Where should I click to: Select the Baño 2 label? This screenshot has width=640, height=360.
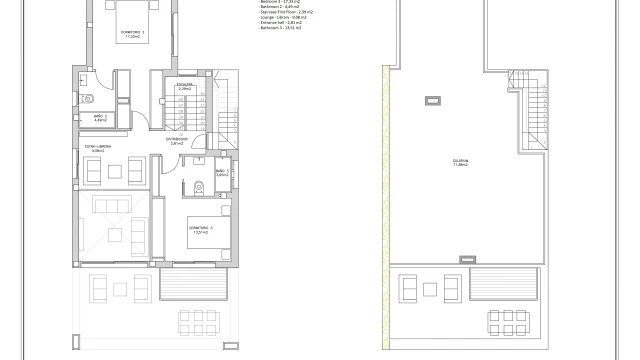tap(101, 119)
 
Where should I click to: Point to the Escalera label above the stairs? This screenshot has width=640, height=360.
tap(184, 87)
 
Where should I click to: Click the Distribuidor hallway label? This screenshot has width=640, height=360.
tap(177, 141)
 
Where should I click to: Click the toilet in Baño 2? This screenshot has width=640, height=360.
tap(89, 98)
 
